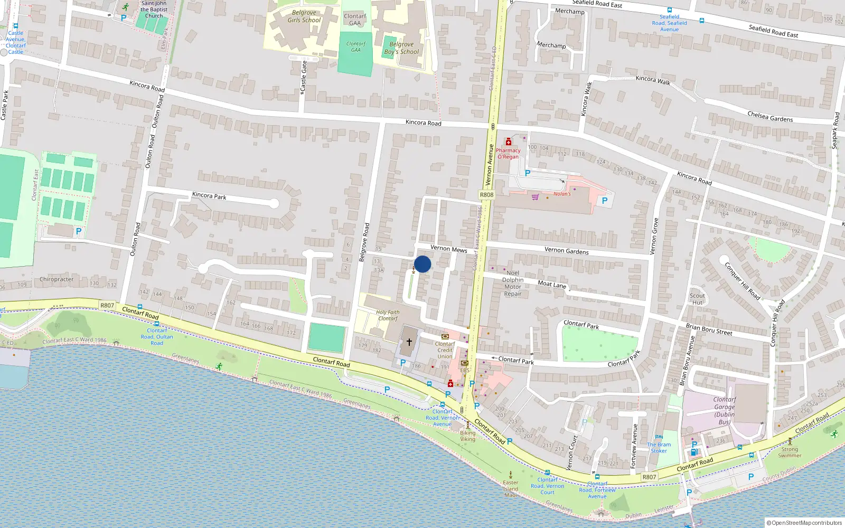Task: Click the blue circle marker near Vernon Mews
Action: tap(422, 264)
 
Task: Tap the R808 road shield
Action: tap(486, 195)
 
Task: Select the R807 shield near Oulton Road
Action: tap(107, 305)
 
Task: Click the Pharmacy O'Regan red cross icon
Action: tap(509, 142)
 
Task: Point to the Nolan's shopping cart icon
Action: tap(536, 197)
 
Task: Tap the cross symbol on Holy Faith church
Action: tap(409, 342)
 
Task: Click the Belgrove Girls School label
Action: tap(304, 16)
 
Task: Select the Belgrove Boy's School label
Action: tap(401, 48)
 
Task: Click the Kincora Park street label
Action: tap(209, 196)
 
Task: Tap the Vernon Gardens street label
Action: tap(566, 251)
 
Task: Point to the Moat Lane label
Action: tap(552, 284)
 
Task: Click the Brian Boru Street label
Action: tap(709, 329)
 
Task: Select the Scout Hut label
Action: tap(697, 299)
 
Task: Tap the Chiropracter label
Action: tap(57, 279)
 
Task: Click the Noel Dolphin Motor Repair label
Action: tap(512, 284)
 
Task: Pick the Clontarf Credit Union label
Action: tap(445, 350)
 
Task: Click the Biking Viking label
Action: tap(467, 436)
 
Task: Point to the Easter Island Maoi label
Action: tap(511, 488)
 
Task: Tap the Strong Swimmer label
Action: tap(790, 452)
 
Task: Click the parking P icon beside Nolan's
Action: tap(605, 201)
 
